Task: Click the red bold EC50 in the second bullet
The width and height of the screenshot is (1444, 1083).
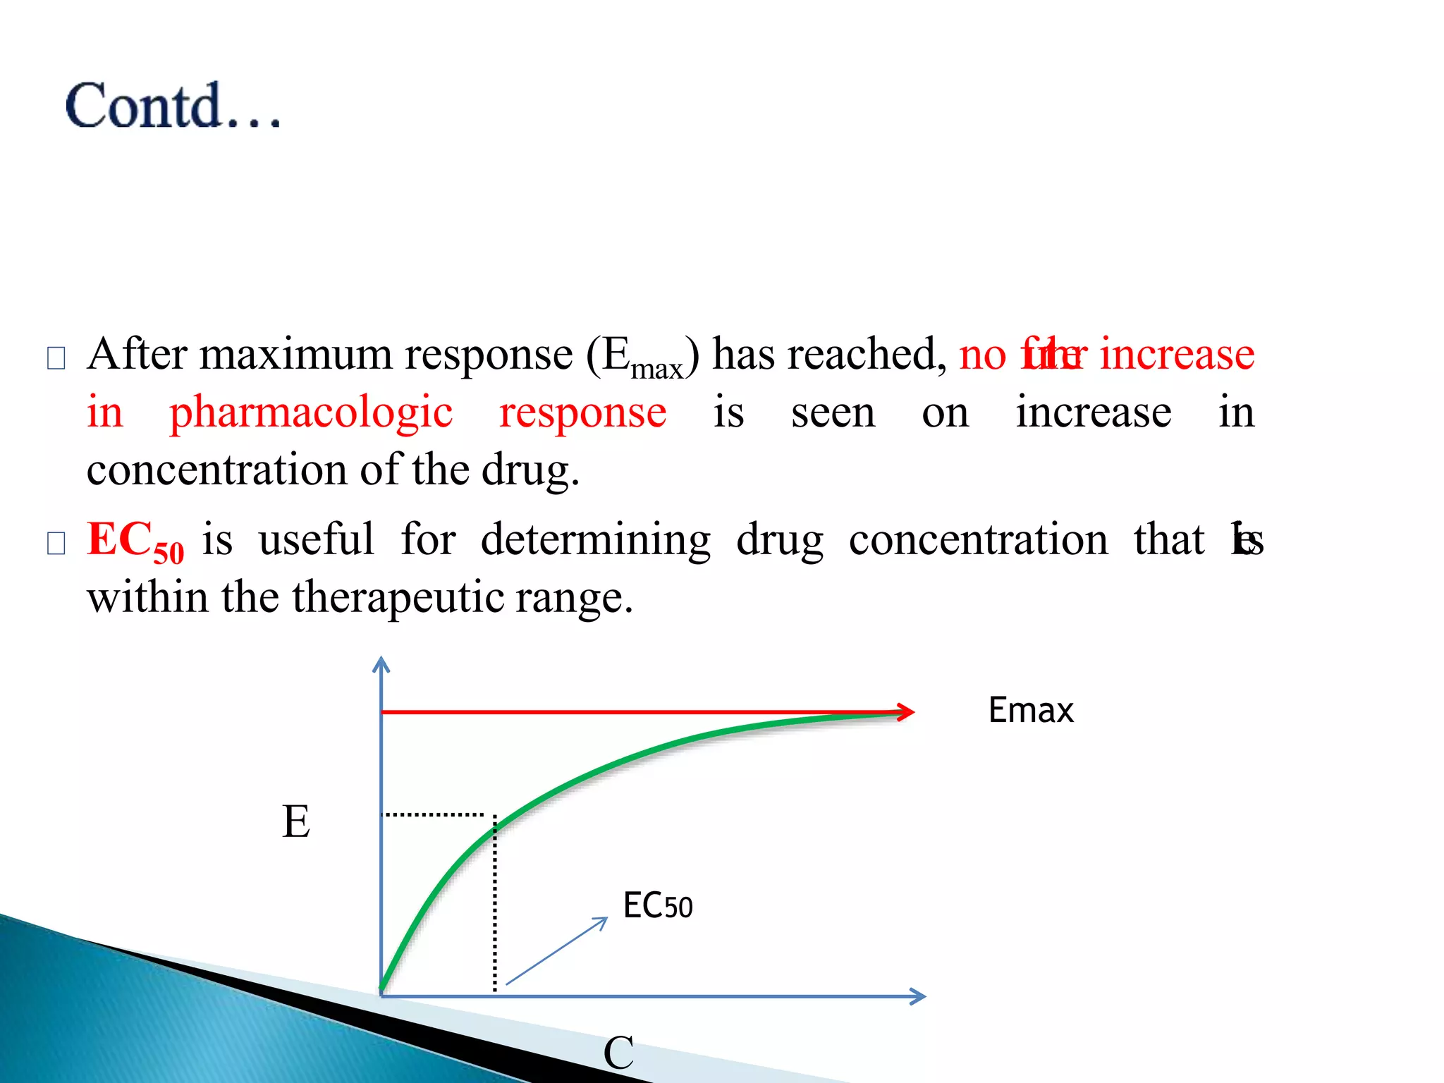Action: (135, 541)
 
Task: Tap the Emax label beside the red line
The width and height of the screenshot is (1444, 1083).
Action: (1030, 710)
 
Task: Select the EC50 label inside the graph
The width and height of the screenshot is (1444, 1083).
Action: (657, 906)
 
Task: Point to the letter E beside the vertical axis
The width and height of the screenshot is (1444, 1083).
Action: (296, 821)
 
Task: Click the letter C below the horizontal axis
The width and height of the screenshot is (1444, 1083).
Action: (618, 1053)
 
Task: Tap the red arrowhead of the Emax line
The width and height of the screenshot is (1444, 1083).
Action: (905, 712)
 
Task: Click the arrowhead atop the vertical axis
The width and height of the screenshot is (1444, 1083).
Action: (381, 664)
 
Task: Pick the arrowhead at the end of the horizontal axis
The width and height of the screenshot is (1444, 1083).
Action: (917, 996)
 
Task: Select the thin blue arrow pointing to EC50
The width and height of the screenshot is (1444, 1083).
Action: (557, 950)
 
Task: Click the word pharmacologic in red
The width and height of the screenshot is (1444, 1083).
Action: (311, 412)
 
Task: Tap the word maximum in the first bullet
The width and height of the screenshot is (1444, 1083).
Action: (295, 354)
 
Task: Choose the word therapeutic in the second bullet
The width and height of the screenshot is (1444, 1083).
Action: (398, 598)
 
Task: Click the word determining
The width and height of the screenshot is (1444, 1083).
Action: (596, 540)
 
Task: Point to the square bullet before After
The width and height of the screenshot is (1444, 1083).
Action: (56, 358)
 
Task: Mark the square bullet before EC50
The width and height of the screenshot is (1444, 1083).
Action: (56, 544)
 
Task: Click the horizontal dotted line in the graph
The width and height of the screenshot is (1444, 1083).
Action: (432, 814)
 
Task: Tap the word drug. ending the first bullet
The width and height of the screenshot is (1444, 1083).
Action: (530, 470)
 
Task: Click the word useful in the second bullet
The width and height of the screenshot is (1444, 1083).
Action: (317, 540)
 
